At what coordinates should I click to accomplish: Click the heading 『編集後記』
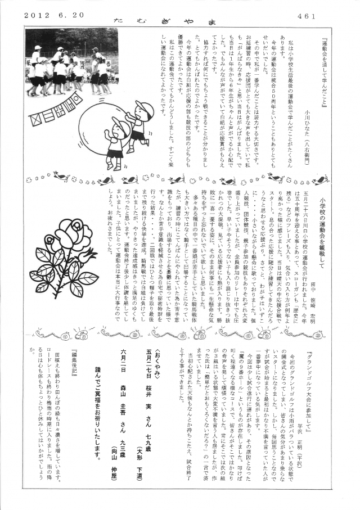[x=74, y=368]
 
